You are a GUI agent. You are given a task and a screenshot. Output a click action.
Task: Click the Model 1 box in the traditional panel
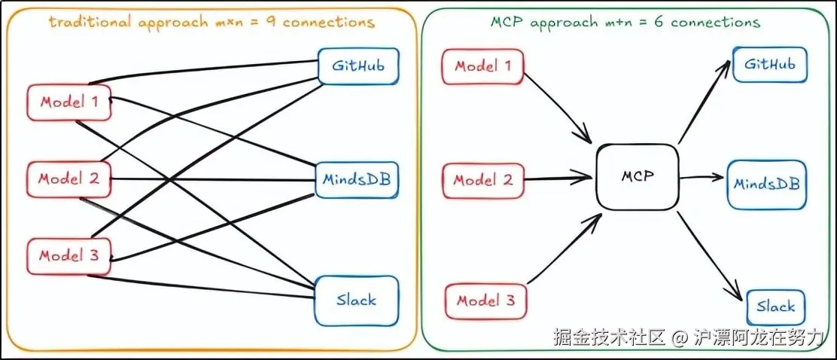click(69, 102)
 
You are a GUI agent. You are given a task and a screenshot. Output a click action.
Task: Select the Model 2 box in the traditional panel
click(68, 179)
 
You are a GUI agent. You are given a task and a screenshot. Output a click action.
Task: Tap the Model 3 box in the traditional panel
click(68, 256)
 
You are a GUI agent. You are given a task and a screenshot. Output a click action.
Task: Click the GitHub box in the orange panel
click(357, 66)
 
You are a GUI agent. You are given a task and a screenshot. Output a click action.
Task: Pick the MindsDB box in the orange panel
click(357, 179)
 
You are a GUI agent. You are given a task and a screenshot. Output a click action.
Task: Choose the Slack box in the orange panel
click(356, 300)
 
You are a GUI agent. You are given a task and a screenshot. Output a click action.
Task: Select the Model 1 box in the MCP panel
click(483, 66)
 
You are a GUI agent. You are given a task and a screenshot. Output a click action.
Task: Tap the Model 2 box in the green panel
click(483, 181)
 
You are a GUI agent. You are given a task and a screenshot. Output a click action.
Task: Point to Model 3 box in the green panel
click(486, 301)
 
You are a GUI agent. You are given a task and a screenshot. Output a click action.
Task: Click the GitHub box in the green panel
click(769, 64)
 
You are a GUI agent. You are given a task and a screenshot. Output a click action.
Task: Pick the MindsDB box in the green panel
click(766, 183)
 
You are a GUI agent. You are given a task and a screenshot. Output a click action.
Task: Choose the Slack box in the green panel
click(775, 307)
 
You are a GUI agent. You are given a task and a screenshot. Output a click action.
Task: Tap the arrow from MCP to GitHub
click(705, 102)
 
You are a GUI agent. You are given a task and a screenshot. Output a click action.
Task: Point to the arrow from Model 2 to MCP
click(557, 179)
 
